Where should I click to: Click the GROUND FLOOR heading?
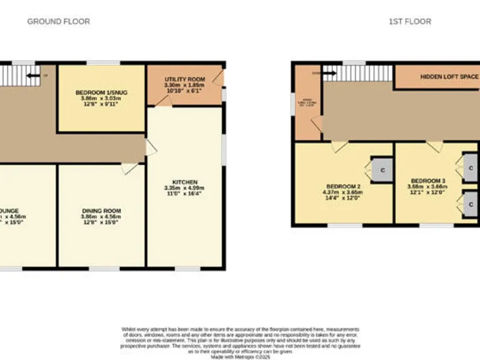[58, 21]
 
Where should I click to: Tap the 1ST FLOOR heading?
[409, 21]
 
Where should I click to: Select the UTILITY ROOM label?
[184, 79]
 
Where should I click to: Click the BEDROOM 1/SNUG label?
[101, 92]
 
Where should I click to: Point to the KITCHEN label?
[184, 182]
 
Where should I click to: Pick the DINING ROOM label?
[101, 211]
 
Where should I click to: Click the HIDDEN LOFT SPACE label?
[448, 77]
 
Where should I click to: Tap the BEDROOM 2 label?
[343, 187]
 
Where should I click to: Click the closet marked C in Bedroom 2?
[381, 169]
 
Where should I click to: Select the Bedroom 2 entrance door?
[339, 146]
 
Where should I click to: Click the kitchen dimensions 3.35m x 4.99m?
[184, 187]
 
